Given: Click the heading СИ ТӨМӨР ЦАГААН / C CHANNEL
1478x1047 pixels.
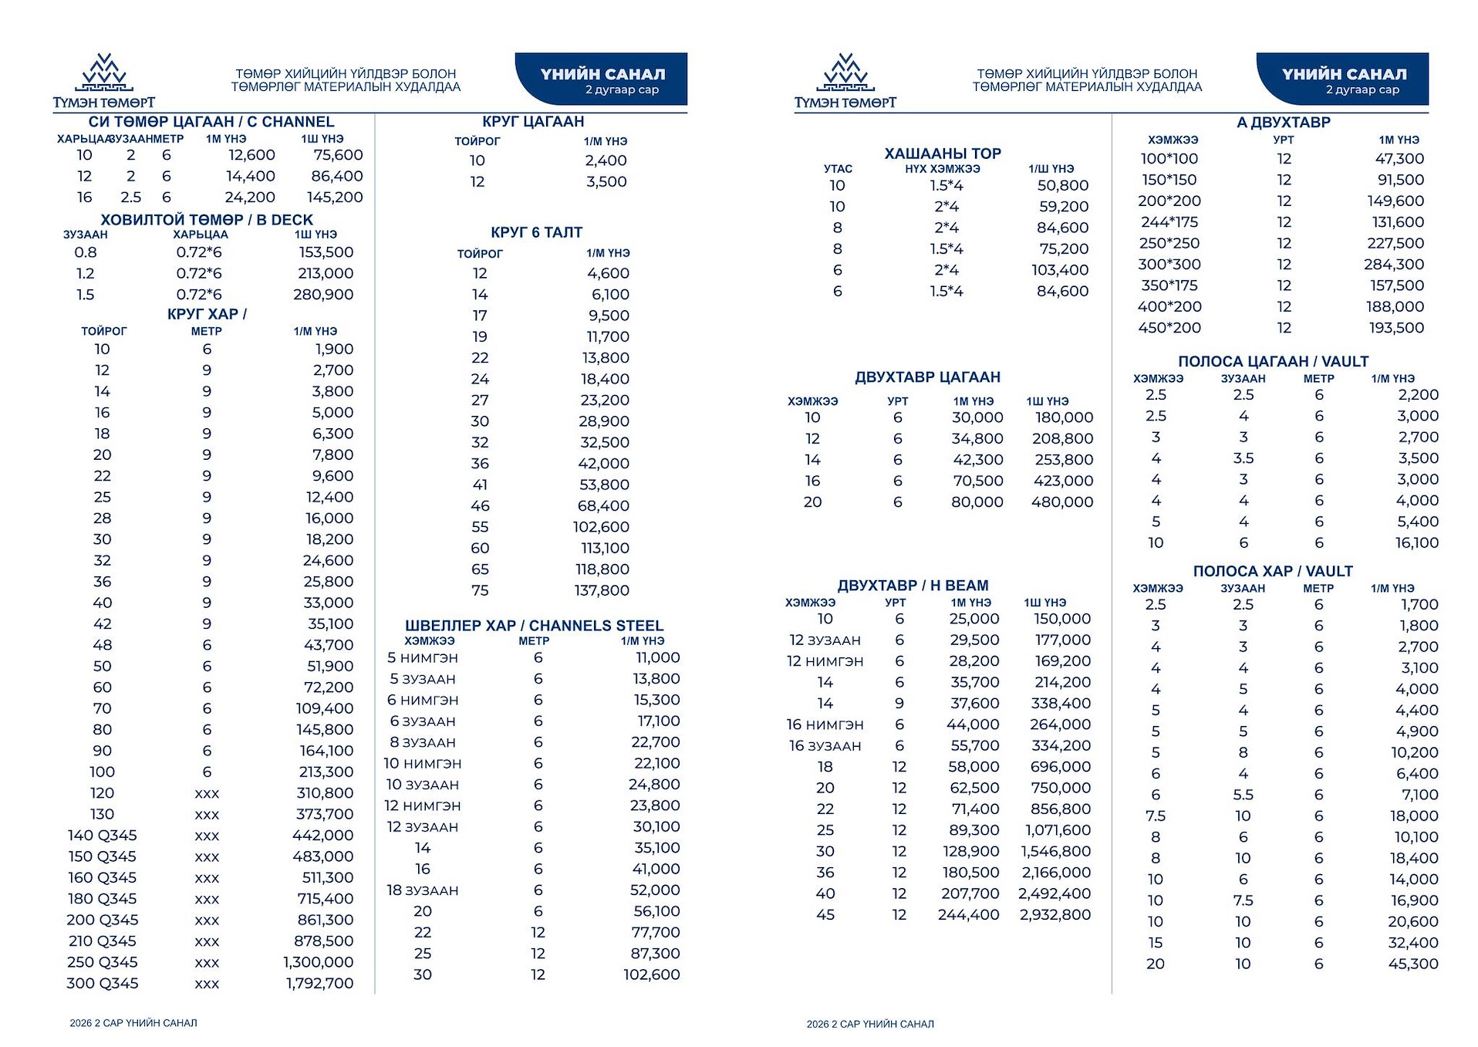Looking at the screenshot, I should click(x=211, y=122).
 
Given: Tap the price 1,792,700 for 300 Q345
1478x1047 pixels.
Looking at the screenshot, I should click(x=319, y=984).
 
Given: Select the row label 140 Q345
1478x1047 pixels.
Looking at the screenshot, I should click(x=102, y=836).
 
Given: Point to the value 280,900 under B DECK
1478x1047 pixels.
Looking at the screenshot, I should click(x=323, y=295).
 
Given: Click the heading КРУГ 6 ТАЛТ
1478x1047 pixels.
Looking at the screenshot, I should click(x=536, y=232).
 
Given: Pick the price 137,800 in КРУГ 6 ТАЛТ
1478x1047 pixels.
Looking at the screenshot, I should click(x=602, y=591).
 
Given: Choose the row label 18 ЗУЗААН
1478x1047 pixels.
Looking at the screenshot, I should click(x=422, y=890).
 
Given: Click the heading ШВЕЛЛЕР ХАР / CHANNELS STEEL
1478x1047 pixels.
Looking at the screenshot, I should click(x=534, y=626).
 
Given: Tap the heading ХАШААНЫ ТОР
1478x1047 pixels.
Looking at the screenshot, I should click(x=942, y=154).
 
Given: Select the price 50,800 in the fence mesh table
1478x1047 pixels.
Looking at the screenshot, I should click(x=1062, y=186).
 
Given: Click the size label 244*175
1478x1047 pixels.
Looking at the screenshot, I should click(x=1169, y=222).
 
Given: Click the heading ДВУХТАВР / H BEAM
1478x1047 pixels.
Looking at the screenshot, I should click(x=913, y=586).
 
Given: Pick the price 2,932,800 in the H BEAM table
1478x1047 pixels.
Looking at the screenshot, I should click(x=1055, y=915).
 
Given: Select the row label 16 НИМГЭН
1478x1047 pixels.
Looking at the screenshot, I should click(x=825, y=725).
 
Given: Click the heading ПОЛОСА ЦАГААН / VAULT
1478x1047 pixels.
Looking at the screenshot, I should click(x=1272, y=362).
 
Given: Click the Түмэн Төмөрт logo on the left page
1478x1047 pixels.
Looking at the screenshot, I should click(x=104, y=81).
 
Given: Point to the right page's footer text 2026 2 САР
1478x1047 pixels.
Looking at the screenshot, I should click(x=869, y=1025).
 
